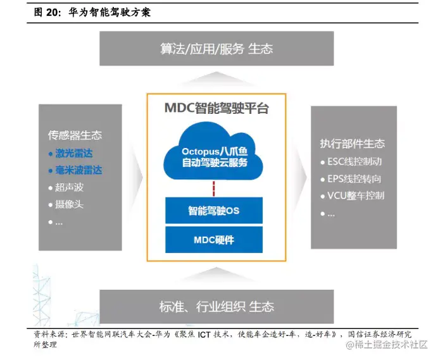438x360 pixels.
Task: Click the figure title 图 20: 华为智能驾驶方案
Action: coord(92,12)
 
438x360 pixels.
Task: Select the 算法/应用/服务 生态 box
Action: coord(216,49)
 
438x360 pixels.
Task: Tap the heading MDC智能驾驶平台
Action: coord(216,108)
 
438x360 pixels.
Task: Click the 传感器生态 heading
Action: coord(75,135)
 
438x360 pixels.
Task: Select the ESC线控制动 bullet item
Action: coord(357,161)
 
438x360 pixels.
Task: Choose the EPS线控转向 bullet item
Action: coord(357,178)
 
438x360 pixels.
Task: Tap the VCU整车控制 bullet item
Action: coord(357,196)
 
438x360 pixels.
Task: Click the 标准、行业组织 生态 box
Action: coord(216,307)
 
